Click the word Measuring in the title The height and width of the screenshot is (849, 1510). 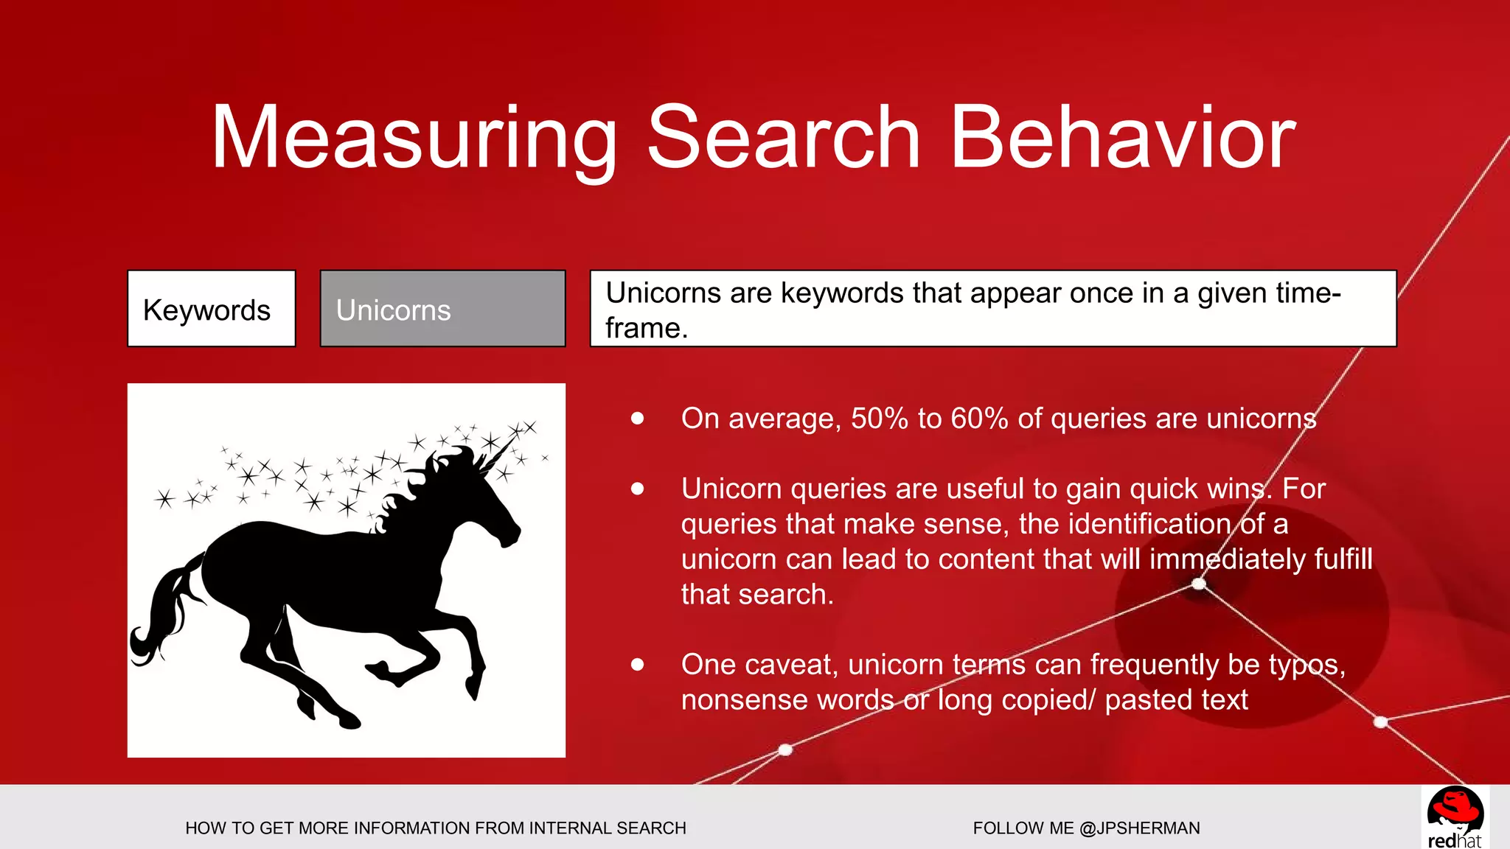pos(413,139)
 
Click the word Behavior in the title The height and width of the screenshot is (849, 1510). pos(1122,139)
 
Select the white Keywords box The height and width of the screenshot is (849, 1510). pos(212,309)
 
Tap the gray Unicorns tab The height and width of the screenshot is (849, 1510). pos(442,309)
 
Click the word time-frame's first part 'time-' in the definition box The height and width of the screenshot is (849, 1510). pos(1305,293)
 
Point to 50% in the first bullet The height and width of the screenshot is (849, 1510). pos(879,419)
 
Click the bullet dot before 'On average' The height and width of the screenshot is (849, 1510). pos(638,419)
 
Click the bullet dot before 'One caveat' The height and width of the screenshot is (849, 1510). pos(638,665)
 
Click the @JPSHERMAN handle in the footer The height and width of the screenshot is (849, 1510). pos(1139,828)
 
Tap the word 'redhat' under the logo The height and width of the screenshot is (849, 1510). pos(1454,841)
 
